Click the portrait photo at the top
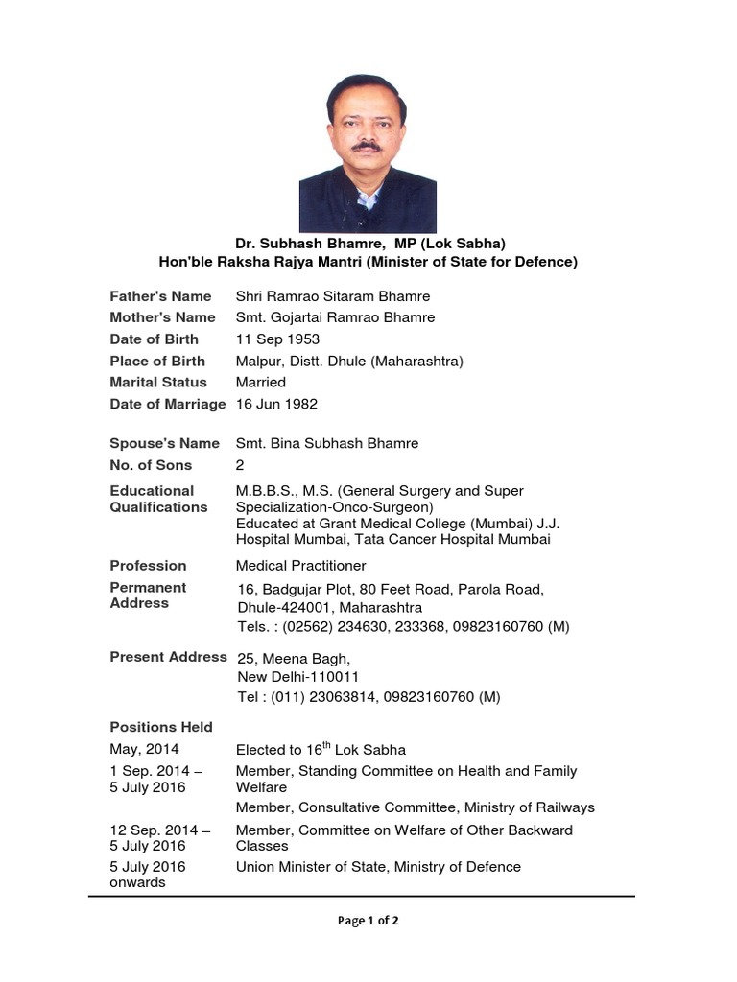[368, 153]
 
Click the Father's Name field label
[160, 296]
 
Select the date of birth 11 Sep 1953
[278, 339]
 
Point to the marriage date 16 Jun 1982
[277, 404]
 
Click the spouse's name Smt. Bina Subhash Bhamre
[327, 443]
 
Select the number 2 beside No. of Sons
[241, 465]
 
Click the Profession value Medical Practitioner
[301, 566]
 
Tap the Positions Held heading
[161, 727]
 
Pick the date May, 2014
[144, 750]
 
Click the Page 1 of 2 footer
[368, 921]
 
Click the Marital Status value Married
[261, 383]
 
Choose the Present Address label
[168, 658]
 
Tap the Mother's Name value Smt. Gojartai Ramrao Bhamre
[335, 317]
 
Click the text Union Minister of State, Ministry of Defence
[378, 867]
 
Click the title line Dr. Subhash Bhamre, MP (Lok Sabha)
[368, 244]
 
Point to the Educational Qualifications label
[158, 499]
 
